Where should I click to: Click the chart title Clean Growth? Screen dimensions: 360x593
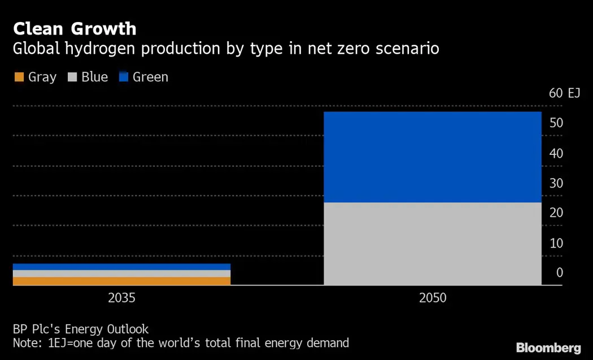point(75,28)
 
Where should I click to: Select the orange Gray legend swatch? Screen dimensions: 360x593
point(19,77)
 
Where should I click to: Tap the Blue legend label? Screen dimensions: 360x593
point(94,77)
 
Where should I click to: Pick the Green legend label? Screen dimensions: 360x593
point(150,77)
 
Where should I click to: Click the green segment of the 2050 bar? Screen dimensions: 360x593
point(432,157)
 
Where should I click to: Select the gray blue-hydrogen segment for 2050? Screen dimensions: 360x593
point(432,243)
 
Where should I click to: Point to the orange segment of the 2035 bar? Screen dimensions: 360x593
point(121,281)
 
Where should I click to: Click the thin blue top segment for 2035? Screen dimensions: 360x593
point(121,267)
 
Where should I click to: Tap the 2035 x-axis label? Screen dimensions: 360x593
point(121,298)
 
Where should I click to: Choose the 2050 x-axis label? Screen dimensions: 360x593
point(433,298)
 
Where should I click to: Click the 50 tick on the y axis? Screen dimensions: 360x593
point(556,123)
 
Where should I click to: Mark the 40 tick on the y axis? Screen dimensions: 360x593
point(556,153)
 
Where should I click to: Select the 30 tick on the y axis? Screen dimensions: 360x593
point(556,183)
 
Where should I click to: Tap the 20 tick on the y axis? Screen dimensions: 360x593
point(556,212)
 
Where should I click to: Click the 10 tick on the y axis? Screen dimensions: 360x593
point(556,243)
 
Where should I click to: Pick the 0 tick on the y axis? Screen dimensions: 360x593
point(560,272)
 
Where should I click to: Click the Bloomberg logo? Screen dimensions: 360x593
point(548,348)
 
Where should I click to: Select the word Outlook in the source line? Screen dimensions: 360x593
point(128,329)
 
